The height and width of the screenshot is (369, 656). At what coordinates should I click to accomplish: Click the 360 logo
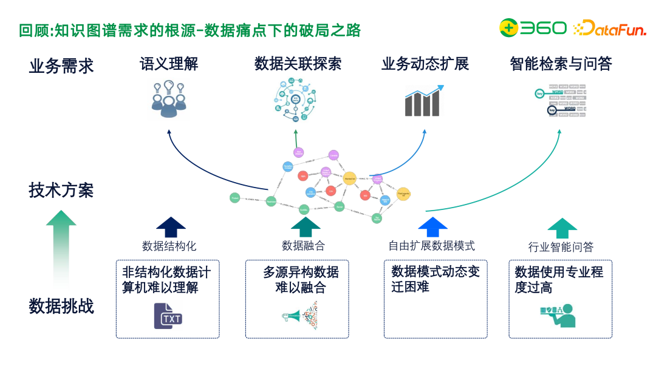533,28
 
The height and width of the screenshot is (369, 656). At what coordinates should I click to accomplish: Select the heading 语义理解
169,64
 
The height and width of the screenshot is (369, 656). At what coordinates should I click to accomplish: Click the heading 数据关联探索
298,64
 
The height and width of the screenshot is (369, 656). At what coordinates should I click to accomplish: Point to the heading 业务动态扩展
425,64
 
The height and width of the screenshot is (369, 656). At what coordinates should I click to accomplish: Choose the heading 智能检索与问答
561,64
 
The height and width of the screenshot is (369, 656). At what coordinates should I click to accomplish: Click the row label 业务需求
61,66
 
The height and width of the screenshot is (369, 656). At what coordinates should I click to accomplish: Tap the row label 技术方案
61,190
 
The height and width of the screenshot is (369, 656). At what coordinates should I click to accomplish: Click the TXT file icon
168,316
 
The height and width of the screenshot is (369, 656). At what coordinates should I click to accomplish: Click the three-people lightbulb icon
169,99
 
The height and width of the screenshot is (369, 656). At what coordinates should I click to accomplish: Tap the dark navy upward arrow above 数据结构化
171,227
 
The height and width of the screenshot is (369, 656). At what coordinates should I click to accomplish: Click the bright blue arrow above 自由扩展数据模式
432,227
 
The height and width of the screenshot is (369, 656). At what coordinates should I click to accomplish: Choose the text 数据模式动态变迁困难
436,279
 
